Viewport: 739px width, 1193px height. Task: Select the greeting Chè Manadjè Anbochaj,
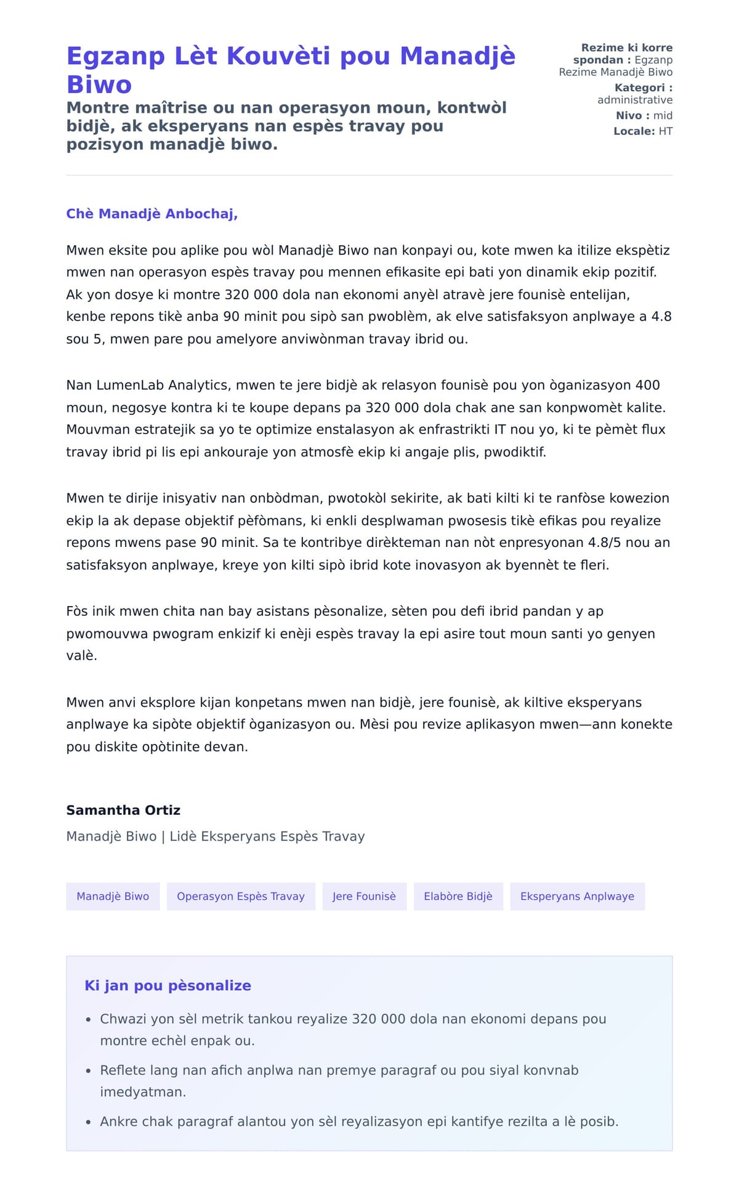click(x=152, y=214)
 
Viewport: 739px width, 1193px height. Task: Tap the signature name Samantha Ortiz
click(x=123, y=810)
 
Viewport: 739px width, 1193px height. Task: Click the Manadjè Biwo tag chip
click(x=113, y=896)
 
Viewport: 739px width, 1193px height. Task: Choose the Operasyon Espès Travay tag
click(x=241, y=896)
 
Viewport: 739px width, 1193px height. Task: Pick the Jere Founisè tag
click(x=364, y=896)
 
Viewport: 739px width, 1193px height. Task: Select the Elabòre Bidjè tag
click(x=458, y=896)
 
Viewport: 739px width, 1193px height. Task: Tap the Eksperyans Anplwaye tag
click(x=577, y=896)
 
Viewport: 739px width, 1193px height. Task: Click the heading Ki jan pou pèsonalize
click(x=168, y=985)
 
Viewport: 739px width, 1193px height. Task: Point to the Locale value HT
click(x=665, y=131)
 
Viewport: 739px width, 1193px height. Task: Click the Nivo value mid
click(x=663, y=116)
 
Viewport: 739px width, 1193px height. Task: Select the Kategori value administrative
click(x=634, y=100)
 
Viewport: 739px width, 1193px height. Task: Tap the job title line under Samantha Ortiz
click(x=216, y=836)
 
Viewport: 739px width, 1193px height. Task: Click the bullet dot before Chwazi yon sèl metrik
click(x=89, y=1020)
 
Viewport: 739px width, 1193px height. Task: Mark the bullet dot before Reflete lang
click(x=89, y=1071)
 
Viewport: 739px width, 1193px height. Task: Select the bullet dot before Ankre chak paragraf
click(x=89, y=1122)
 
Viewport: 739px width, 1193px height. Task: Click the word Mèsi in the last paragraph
click(x=374, y=724)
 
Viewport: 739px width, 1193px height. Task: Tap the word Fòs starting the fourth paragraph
click(x=77, y=612)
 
